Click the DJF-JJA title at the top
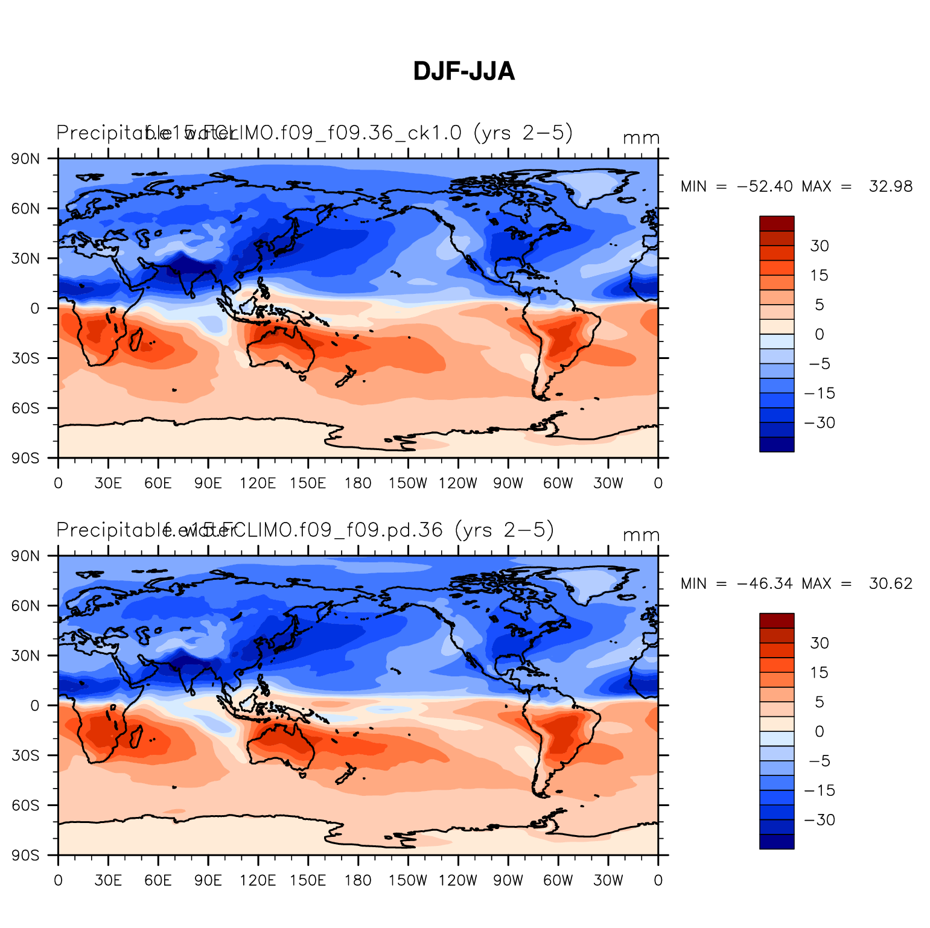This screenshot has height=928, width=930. (463, 72)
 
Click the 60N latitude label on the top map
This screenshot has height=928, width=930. (26, 209)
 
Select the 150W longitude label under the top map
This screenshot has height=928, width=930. (407, 483)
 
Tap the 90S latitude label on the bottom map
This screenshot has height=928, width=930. (26, 856)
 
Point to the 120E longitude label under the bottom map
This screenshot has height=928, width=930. (258, 880)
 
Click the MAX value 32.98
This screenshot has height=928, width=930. (890, 186)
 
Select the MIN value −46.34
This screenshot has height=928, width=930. (765, 583)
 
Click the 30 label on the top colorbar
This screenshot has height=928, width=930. (819, 246)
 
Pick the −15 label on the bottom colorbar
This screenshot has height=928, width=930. (820, 790)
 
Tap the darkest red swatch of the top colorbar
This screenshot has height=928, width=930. (777, 223)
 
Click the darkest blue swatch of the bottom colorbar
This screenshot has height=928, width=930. (777, 842)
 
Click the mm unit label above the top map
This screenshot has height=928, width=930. (641, 138)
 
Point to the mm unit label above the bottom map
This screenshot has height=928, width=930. (641, 535)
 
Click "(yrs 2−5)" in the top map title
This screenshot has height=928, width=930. (523, 132)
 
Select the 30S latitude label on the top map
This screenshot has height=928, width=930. (26, 358)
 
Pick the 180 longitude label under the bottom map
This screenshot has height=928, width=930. (358, 880)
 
